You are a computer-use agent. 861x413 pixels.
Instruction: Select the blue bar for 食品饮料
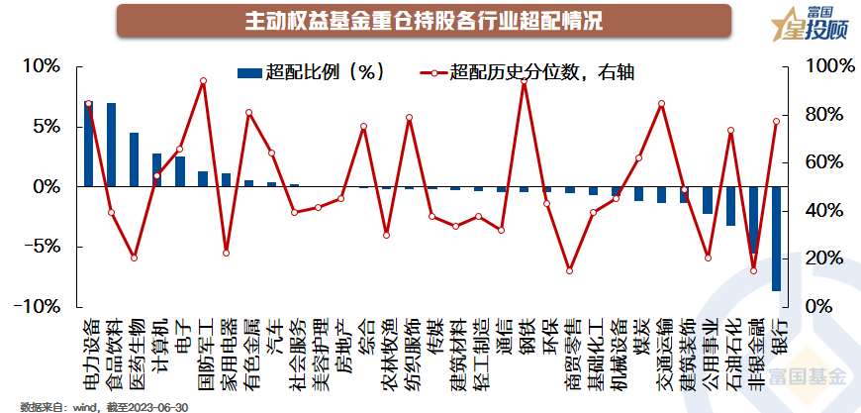tap(111, 145)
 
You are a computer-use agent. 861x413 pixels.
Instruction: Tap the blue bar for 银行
tap(776, 239)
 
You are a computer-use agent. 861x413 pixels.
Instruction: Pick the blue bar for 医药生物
tap(134, 159)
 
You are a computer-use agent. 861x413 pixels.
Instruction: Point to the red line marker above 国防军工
tap(203, 81)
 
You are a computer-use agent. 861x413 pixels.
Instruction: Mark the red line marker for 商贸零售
tap(569, 270)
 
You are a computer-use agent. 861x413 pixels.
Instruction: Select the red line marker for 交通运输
tap(661, 104)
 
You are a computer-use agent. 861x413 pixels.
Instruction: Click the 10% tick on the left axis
tap(42, 66)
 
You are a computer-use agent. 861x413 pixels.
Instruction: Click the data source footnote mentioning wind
tap(104, 406)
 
